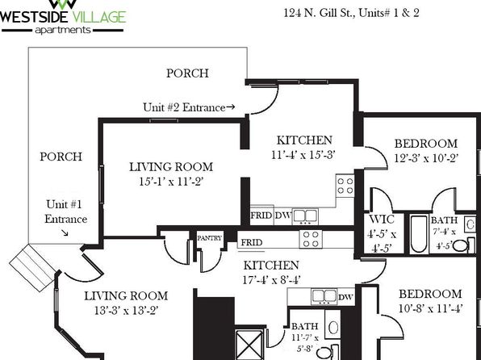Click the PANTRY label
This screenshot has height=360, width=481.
click(x=209, y=238)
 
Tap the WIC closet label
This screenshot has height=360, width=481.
click(x=382, y=220)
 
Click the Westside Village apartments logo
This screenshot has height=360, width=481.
click(x=64, y=17)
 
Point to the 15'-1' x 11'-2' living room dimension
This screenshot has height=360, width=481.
click(x=171, y=182)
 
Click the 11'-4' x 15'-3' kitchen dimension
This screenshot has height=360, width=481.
click(x=303, y=155)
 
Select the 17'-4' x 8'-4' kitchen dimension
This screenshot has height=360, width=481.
click(x=271, y=280)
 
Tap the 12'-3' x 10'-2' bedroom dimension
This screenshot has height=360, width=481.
click(x=426, y=158)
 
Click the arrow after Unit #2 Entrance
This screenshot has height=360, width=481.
click(x=231, y=107)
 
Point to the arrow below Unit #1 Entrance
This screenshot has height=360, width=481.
click(x=65, y=233)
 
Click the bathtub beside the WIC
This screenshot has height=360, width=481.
click(x=419, y=234)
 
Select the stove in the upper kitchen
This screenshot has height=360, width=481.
click(x=345, y=186)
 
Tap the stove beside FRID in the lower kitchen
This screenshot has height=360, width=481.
click(x=311, y=239)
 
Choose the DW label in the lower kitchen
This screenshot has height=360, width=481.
click(x=345, y=297)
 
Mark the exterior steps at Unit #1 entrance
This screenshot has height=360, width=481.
click(x=32, y=268)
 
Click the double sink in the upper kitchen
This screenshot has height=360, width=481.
click(x=305, y=216)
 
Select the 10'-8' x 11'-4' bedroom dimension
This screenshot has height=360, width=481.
click(x=430, y=308)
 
